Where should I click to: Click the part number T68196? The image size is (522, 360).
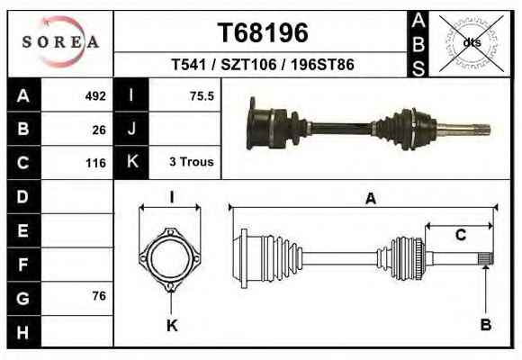click(263, 32)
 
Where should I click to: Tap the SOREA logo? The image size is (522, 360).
click(60, 42)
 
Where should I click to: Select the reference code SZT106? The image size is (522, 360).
click(248, 64)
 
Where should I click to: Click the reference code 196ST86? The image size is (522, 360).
click(322, 64)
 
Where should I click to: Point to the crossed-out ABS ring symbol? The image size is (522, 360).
click(471, 43)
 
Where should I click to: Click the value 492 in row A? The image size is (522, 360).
click(95, 96)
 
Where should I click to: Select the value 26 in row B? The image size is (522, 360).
click(99, 130)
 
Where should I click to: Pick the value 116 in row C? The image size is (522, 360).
click(96, 163)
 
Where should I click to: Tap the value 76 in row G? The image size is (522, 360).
click(99, 296)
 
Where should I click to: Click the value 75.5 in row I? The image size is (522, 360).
click(202, 96)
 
